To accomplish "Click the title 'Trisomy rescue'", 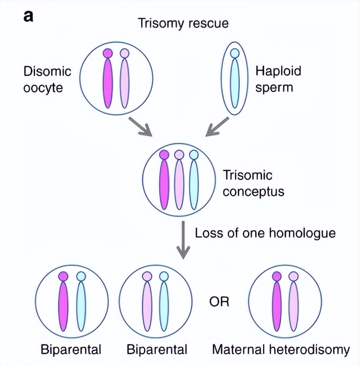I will coord(183,23).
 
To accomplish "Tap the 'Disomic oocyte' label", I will coord(47,79).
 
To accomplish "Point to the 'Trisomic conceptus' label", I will coord(253,183).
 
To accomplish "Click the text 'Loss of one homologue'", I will coord(265,233).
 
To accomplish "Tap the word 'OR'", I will coord(219,302).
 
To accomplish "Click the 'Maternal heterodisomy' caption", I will coord(281,350).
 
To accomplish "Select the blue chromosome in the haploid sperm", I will coord(235,80).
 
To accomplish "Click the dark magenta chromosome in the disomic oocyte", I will coord(108,82).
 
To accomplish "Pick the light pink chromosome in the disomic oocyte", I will coord(124,82).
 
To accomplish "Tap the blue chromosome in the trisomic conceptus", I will coord(194,182).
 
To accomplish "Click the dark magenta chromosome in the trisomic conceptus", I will coord(164,182).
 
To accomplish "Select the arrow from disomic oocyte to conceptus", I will coord(139,126).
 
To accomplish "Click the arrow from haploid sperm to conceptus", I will coord(217,126).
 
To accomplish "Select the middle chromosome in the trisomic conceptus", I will coord(179,182).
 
